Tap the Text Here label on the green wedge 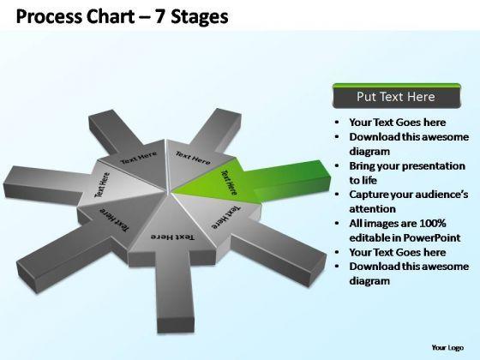point(229,183)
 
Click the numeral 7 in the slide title point(159,16)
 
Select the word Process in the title point(48,16)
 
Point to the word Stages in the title point(200,17)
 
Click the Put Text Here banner point(396,97)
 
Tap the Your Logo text point(447,347)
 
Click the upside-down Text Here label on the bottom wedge point(172,237)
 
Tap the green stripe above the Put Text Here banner point(396,86)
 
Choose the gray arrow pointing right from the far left point(46,185)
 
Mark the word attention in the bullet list point(373,209)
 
